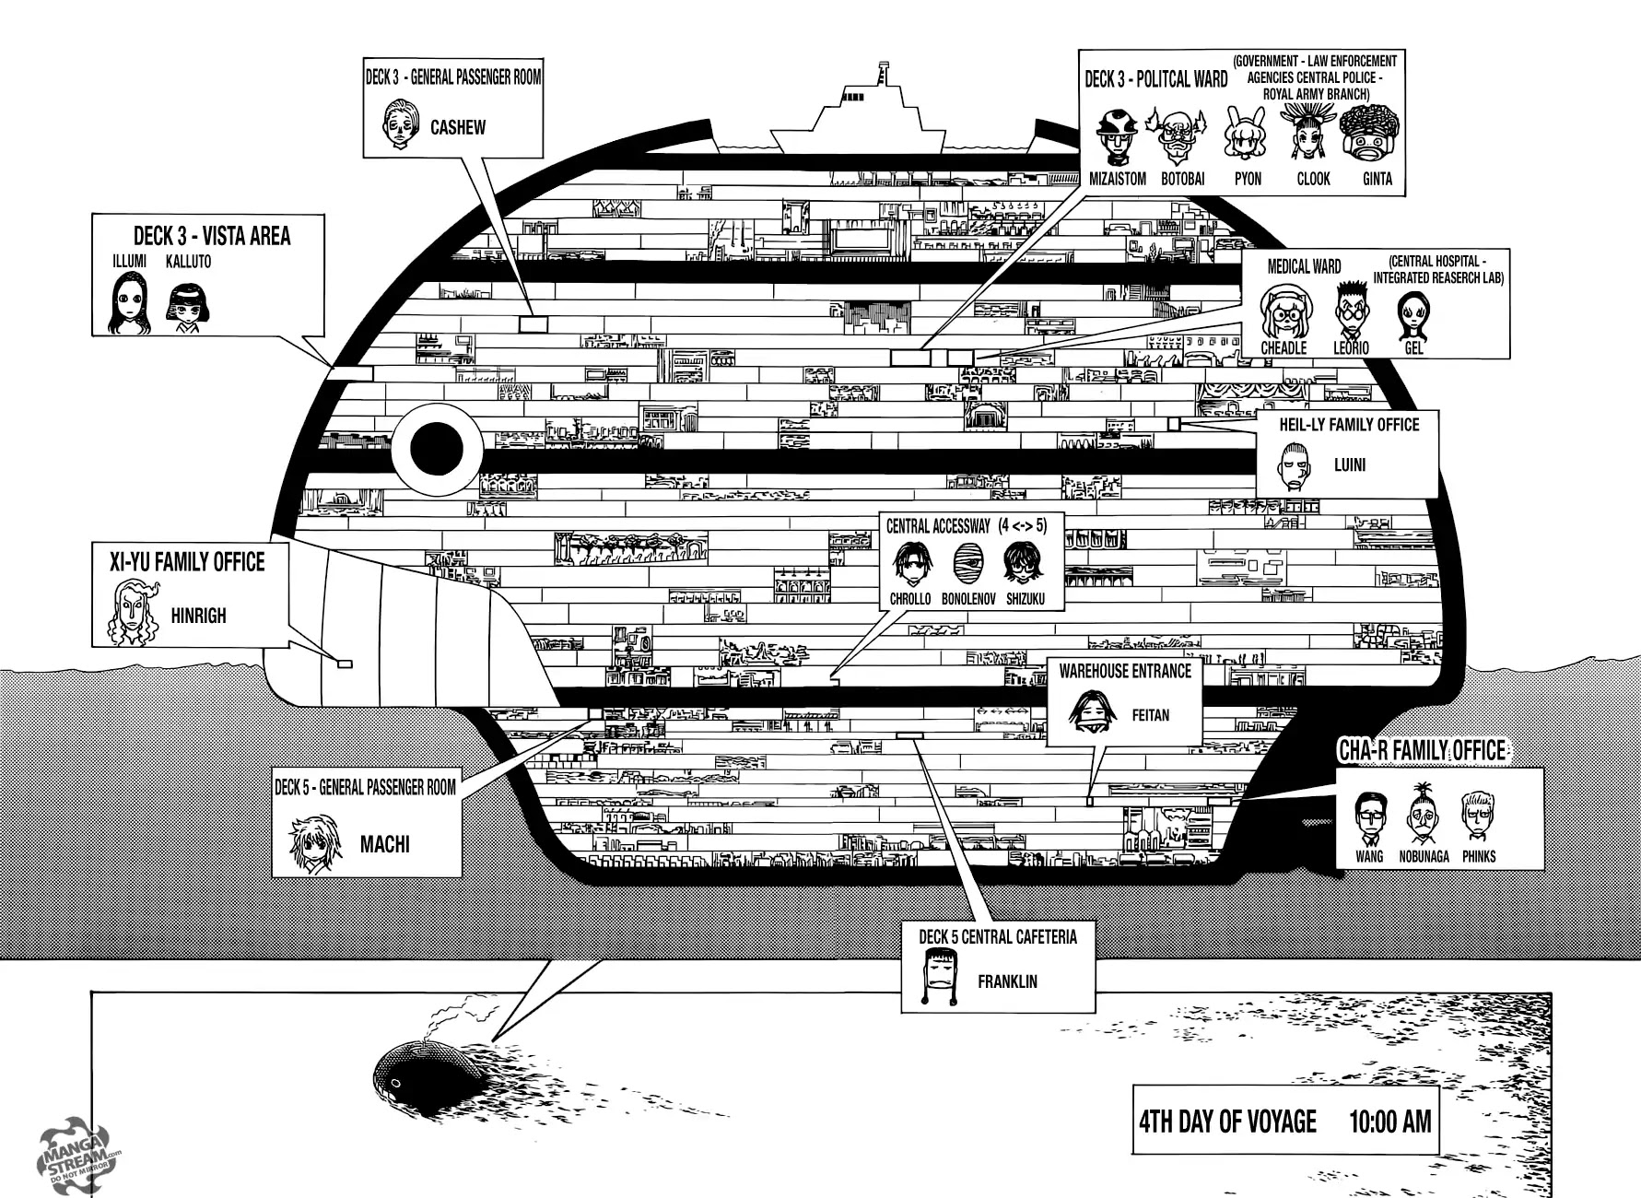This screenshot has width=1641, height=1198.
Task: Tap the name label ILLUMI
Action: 129,262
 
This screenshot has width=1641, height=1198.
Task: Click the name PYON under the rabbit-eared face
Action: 1248,179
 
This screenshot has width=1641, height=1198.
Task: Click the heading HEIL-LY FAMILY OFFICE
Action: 1349,425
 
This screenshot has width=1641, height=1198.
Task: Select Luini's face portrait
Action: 1295,465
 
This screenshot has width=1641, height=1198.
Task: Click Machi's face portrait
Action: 310,843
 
